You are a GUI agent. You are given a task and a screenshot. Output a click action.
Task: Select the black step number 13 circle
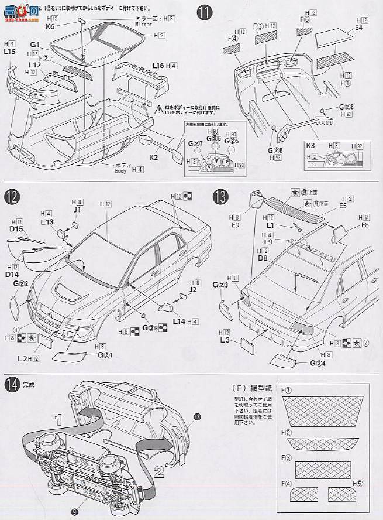click(221, 196)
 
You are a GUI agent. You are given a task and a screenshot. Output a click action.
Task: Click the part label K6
click(50, 26)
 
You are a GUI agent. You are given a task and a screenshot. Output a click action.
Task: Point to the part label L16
click(157, 65)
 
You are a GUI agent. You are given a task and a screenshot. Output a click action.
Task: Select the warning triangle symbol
click(159, 108)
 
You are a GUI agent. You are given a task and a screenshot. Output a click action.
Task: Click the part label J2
click(194, 288)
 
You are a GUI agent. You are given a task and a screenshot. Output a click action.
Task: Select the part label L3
click(225, 340)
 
